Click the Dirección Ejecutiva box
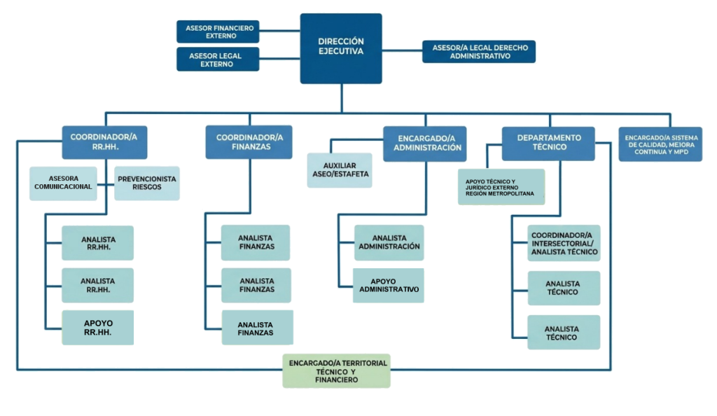pos(341,48)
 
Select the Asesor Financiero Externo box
pos(218,32)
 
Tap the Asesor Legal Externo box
pos(218,60)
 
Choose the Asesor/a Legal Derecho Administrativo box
pos(479,52)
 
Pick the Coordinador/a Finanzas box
pos(249,142)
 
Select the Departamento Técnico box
pos(548,144)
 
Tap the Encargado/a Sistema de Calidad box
pos(660,144)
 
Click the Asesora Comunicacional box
pos(63,183)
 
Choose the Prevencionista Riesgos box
pos(147,183)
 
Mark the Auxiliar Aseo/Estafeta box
pos(340,170)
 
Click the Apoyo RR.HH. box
pos(98,328)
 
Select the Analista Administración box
pos(389,242)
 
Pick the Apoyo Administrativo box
pos(389,285)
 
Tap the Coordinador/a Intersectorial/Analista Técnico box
pos(564,243)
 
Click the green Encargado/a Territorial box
pos(336,370)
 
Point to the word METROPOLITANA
pos(510,193)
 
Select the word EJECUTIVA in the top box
pos(341,52)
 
